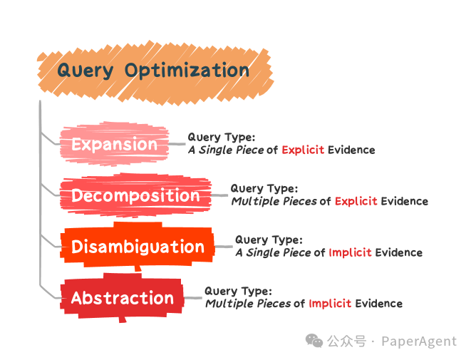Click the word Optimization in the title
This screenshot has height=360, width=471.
click(187, 71)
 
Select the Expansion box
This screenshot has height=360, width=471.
click(114, 145)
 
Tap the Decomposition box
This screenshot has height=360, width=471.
click(135, 196)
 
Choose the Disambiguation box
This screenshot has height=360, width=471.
click(138, 247)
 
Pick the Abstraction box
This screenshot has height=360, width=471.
click(122, 298)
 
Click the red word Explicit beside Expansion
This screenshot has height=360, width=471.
click(303, 150)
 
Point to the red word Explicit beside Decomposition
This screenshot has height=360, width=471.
click(356, 202)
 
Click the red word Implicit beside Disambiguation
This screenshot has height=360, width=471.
click(350, 253)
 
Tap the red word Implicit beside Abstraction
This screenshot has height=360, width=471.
click(330, 304)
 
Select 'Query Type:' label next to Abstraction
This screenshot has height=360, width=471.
click(238, 291)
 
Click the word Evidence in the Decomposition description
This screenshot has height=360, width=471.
click(404, 202)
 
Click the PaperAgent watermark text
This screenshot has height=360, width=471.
click(418, 341)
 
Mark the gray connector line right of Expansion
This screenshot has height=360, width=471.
click(177, 143)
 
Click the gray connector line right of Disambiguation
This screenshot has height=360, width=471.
click(224, 247)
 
